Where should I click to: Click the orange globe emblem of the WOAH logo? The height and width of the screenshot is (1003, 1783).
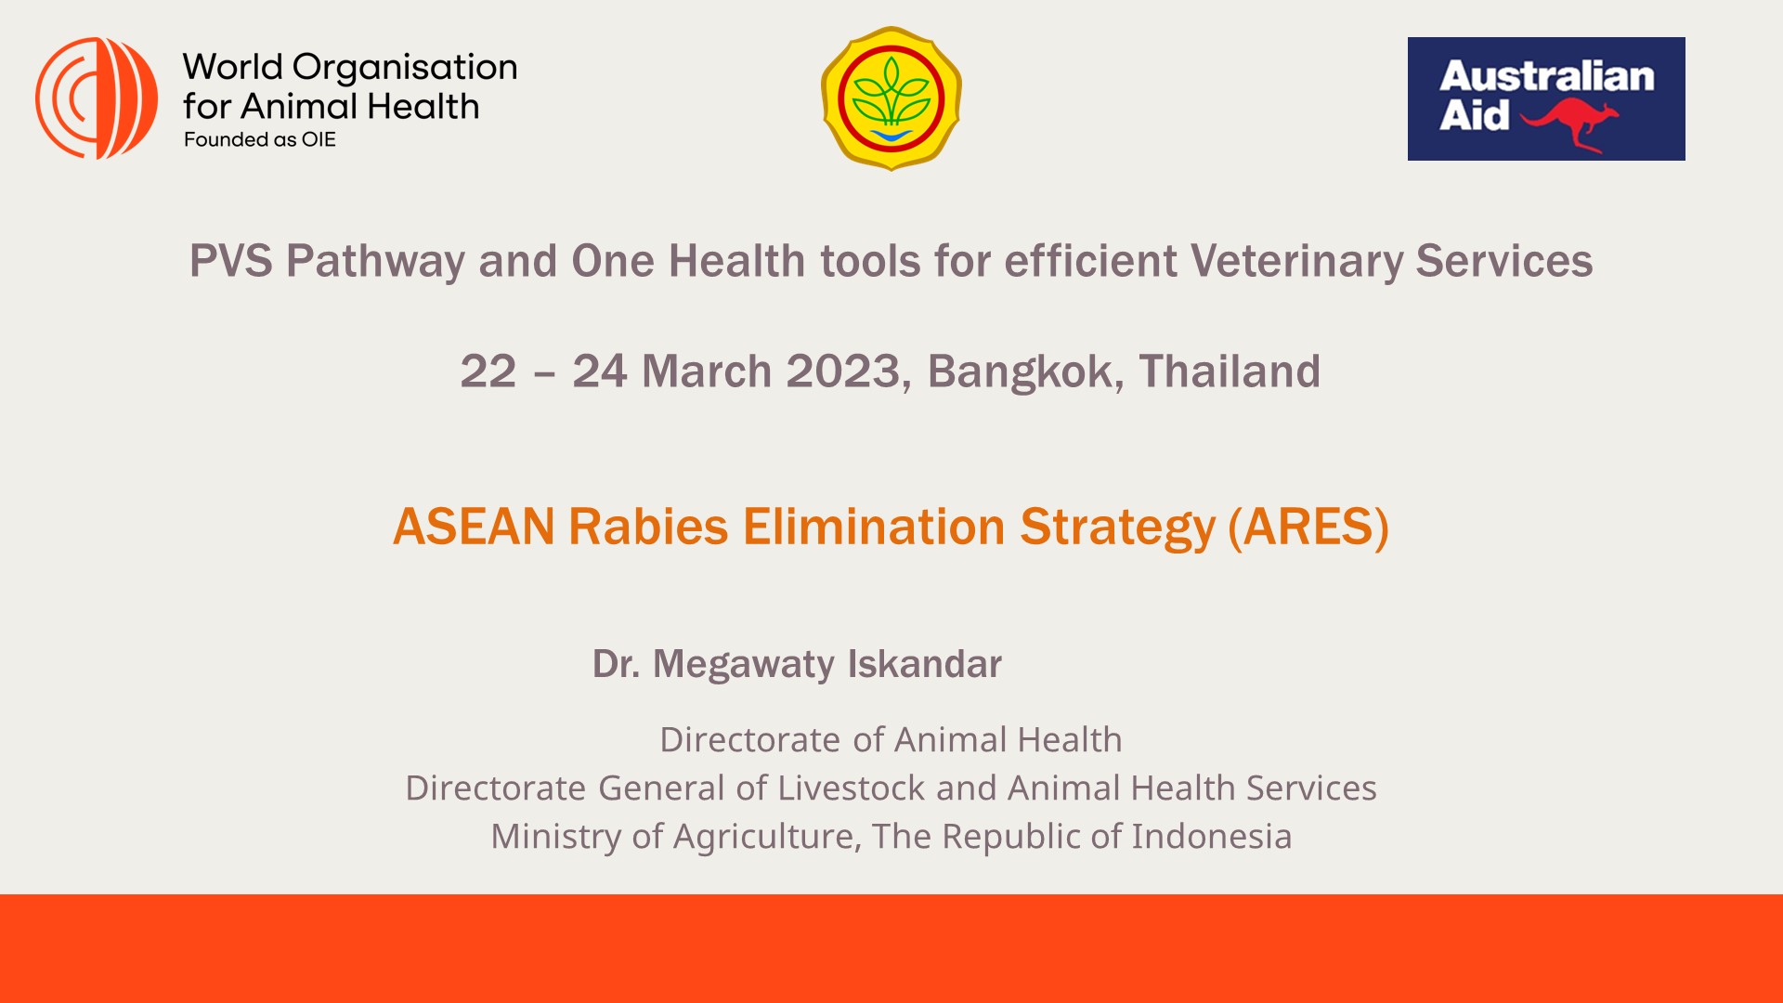97,98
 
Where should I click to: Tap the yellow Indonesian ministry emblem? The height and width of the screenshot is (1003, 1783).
891,98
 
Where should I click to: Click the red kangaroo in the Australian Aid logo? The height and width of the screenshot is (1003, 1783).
1569,124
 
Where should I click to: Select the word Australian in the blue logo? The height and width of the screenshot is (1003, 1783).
1547,76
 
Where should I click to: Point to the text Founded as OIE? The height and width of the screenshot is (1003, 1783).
260,139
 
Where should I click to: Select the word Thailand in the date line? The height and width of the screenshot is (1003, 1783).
1230,371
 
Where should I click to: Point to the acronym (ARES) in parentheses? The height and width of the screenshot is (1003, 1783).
1308,528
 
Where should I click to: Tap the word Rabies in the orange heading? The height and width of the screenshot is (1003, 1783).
648,527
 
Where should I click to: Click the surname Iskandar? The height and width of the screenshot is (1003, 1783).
925,664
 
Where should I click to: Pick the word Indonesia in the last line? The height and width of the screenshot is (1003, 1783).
1211,836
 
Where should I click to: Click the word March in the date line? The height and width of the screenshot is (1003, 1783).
707,371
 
